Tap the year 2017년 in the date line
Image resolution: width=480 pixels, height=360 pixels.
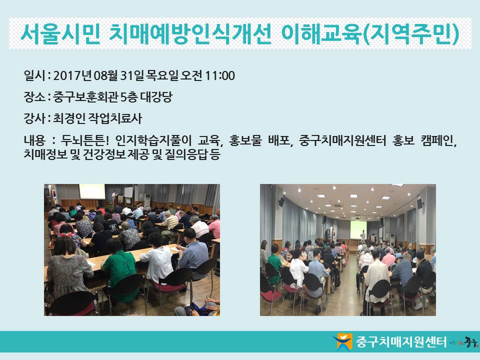pos(72,75)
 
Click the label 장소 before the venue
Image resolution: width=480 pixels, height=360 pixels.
pos(34,97)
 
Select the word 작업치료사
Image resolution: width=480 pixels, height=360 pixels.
pos(115,118)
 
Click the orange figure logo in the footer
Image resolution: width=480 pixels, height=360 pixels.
pos(343,341)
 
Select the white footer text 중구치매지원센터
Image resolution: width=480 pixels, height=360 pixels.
pos(401,341)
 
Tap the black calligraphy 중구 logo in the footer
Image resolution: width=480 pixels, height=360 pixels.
pos(470,341)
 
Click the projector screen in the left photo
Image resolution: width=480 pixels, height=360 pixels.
pos(92,191)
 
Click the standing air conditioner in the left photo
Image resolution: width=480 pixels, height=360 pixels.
pos(147,201)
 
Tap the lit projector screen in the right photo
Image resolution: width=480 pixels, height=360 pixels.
pos(358,229)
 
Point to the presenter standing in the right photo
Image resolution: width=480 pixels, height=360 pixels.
pos(363,235)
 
